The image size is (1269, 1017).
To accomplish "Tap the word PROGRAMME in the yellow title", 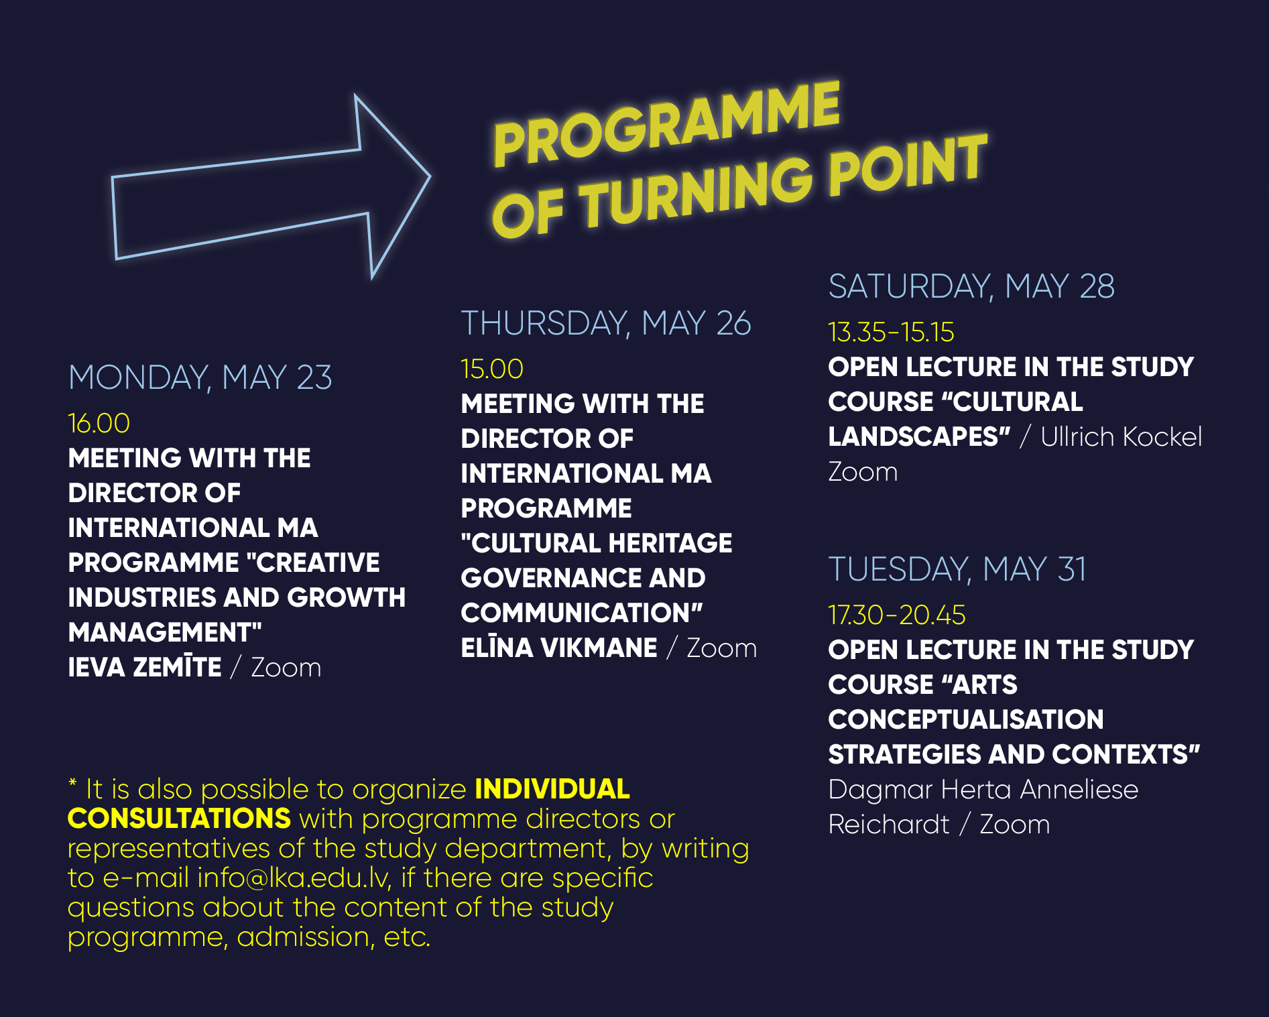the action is tap(666, 124).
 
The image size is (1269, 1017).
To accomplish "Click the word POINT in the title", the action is tap(908, 165).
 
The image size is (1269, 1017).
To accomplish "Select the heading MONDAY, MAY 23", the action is tap(200, 377).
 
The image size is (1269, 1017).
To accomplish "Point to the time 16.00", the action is tap(99, 423).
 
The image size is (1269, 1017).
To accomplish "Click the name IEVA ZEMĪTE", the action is tap(145, 667).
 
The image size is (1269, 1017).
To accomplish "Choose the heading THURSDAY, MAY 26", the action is tap(606, 323).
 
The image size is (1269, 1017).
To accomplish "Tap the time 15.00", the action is tap(491, 369).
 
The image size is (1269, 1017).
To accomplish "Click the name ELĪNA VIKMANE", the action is tap(559, 648).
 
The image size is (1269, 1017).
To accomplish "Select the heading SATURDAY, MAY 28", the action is tap(971, 286).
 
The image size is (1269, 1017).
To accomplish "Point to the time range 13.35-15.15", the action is tap(891, 332).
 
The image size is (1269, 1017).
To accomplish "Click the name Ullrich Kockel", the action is tap(1121, 436).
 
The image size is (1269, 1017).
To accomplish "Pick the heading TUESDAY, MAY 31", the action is tap(957, 569).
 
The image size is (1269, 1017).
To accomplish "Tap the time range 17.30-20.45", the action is tap(897, 615).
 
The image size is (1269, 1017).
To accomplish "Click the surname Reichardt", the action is tap(889, 824).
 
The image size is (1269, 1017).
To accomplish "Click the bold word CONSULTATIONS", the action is tap(179, 819).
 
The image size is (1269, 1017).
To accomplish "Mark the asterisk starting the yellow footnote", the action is tap(72, 783).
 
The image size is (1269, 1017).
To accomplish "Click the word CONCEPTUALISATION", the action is tap(966, 719).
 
